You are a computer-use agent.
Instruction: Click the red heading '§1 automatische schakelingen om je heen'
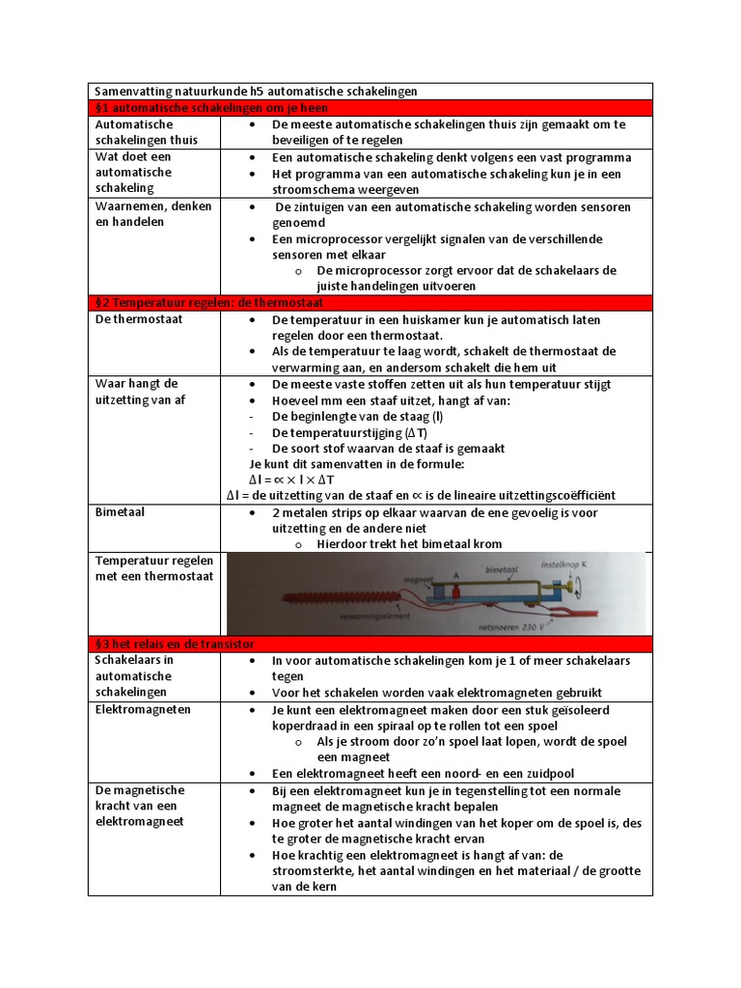(211, 108)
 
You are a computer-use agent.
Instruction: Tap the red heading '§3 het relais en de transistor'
(174, 645)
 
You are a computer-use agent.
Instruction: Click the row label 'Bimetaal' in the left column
(120, 512)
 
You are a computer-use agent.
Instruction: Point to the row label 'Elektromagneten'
(143, 709)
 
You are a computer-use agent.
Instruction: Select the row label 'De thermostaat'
(139, 319)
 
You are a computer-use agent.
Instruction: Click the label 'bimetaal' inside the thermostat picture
(506, 571)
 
